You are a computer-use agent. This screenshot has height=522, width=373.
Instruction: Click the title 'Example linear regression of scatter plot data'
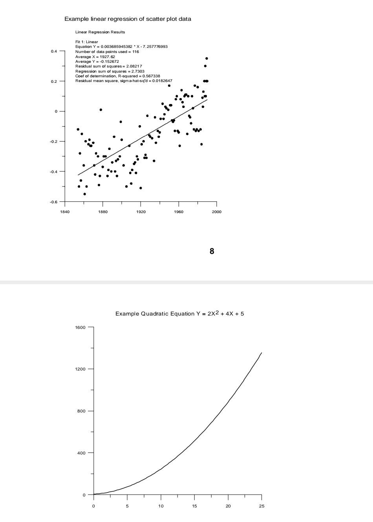128,19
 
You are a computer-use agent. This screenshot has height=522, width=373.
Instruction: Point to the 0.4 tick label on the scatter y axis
54,51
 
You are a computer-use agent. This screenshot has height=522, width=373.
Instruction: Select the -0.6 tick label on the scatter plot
53,202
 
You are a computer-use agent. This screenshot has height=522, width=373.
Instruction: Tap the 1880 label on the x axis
102,212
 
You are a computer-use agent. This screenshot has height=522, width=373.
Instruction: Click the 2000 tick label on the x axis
216,212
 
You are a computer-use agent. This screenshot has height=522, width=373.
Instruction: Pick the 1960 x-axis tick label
179,212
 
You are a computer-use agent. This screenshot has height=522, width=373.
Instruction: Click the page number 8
212,251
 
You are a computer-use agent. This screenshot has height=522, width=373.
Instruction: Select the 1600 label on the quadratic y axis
80,327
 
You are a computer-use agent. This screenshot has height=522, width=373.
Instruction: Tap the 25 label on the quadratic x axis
262,506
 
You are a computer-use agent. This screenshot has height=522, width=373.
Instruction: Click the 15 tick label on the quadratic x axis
195,506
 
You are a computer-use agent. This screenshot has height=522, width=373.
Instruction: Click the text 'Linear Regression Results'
100,32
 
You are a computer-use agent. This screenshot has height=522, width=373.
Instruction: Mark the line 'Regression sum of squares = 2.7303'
110,71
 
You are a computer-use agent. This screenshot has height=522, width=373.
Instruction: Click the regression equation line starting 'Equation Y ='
121,47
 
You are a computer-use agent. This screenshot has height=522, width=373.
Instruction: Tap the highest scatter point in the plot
207,58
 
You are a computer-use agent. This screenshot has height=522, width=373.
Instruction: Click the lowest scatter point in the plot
84,194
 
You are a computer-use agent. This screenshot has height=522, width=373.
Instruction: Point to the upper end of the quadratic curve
261,353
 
